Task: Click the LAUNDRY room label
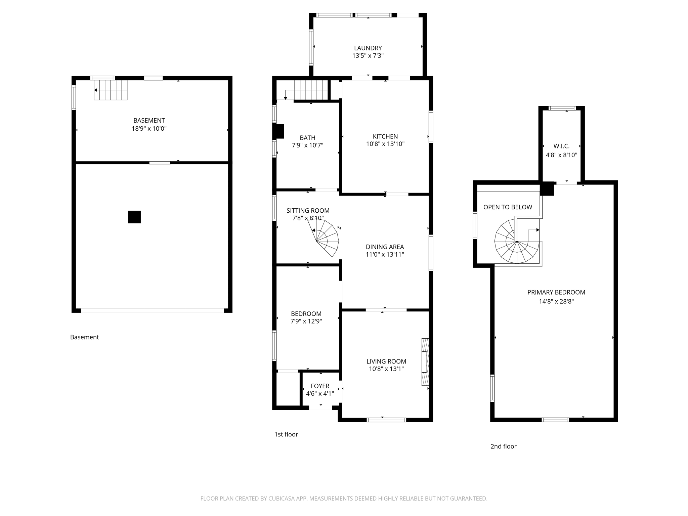(368, 48)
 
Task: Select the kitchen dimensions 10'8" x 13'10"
(385, 144)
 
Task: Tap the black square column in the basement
(134, 217)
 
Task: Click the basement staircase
(111, 90)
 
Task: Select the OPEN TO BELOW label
(508, 207)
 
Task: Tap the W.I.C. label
(561, 146)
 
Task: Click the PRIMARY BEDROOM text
(556, 292)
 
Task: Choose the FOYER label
(320, 386)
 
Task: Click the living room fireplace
(425, 362)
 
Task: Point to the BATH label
(307, 138)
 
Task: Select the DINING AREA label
(385, 247)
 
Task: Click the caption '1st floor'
(286, 434)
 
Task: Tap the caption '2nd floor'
(503, 446)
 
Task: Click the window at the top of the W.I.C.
(562, 108)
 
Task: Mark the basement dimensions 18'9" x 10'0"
(149, 129)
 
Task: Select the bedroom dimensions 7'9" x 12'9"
(306, 321)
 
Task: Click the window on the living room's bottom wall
(386, 420)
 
